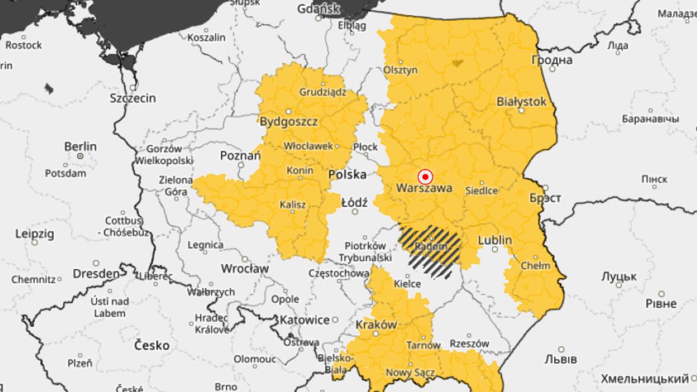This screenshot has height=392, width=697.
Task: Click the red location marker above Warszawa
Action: (x=425, y=177)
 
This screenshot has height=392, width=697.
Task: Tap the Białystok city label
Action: (x=521, y=102)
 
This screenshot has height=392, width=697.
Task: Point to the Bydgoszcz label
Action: (x=288, y=122)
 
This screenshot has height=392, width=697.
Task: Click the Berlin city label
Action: (x=80, y=146)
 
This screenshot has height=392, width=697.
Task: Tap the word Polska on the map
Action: (x=347, y=175)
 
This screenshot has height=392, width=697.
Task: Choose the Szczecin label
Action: (x=132, y=98)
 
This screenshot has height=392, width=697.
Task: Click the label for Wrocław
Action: (x=245, y=269)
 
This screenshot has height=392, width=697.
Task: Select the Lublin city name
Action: (x=494, y=240)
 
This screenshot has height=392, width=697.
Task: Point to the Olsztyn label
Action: (x=400, y=70)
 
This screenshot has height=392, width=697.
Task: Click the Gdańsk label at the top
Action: (x=318, y=9)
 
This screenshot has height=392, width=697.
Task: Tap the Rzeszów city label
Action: (x=469, y=343)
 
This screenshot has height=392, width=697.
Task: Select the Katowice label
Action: (x=304, y=320)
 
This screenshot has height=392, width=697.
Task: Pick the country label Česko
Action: (x=152, y=346)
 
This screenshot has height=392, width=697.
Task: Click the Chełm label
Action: (x=536, y=266)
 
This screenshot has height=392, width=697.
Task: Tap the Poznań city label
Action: (x=240, y=156)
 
